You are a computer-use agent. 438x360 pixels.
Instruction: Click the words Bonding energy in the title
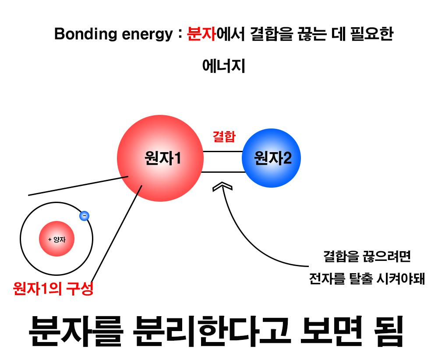113,35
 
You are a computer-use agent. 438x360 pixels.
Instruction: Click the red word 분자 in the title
201,34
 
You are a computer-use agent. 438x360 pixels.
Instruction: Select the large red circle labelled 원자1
160,158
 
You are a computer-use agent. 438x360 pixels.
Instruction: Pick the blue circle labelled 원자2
272,158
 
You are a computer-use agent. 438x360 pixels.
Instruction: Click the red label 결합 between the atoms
224,137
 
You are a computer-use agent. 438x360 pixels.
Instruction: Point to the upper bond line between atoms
223,152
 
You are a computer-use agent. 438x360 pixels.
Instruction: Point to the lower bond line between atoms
223,172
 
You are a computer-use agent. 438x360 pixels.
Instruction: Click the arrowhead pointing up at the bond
222,187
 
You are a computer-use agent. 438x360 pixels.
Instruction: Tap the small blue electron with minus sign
84,215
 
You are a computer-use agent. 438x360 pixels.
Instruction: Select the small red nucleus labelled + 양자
57,239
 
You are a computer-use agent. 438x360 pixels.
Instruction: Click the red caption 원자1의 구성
53,289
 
